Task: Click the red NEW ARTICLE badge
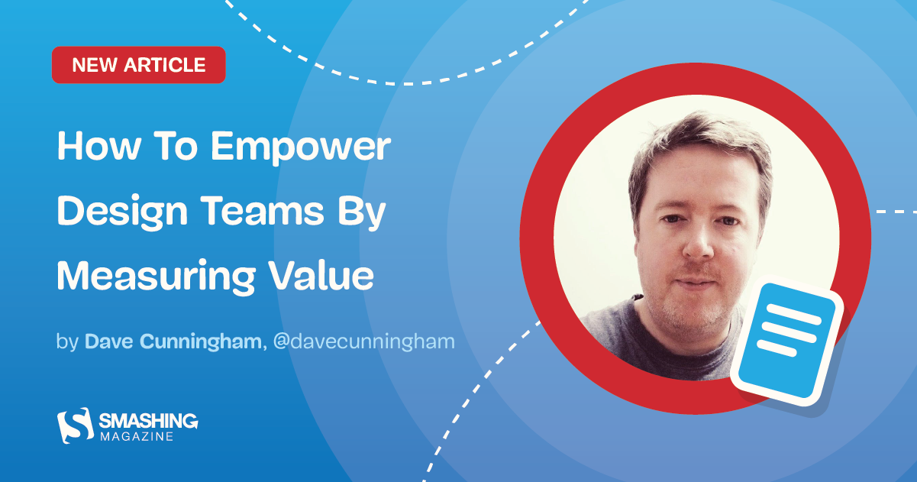tap(138, 65)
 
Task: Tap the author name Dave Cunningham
tap(173, 341)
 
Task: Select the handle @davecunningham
tap(363, 341)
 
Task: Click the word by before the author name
tap(66, 341)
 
